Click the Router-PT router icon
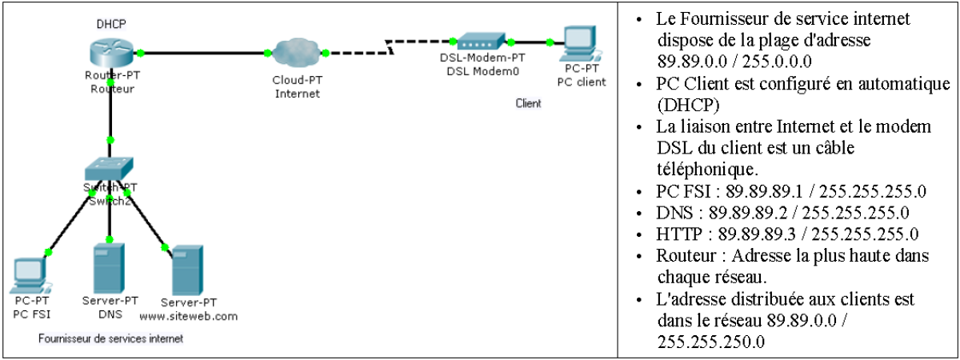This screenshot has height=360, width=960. click(110, 53)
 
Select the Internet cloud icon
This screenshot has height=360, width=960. click(297, 54)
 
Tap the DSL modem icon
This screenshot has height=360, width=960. click(480, 41)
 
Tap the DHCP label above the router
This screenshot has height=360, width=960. click(109, 25)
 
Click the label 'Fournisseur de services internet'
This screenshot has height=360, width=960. click(111, 339)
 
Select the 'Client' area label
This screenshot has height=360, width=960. click(528, 103)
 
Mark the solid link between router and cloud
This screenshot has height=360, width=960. click(204, 54)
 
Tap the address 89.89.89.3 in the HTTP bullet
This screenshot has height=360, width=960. click(753, 234)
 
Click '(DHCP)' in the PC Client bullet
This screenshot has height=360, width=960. click(685, 105)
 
